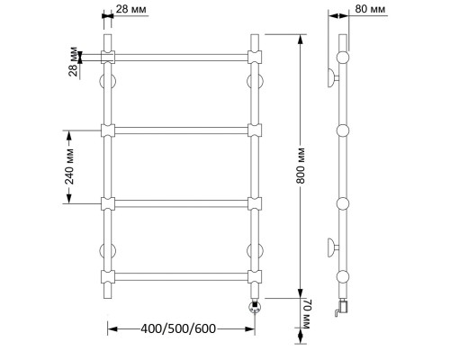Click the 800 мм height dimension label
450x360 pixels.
point(301,166)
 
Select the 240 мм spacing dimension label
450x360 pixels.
point(69,166)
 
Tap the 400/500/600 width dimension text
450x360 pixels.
point(178,328)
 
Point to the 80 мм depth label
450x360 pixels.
point(370,9)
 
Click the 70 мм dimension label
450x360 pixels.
point(307,314)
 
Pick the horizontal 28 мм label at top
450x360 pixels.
point(131,9)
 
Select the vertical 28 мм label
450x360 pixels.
point(73,61)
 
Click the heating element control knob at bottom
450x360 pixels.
point(255,307)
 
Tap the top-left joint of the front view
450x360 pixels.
point(108,57)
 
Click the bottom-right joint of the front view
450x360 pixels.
point(255,276)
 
